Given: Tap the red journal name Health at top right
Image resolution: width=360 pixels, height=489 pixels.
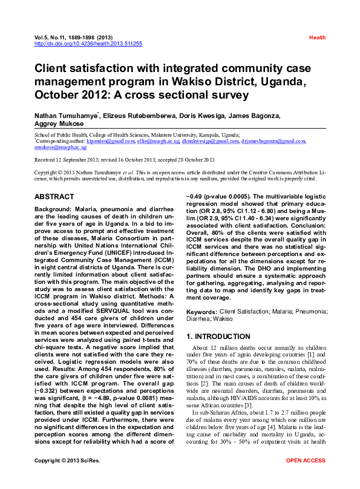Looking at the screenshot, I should (x=317, y=38).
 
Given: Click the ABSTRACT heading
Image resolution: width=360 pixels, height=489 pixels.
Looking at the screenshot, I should (x=54, y=197).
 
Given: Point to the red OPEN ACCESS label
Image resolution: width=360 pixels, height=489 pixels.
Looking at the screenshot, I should (x=306, y=478).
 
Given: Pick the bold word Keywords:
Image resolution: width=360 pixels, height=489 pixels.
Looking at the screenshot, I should (x=201, y=311).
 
